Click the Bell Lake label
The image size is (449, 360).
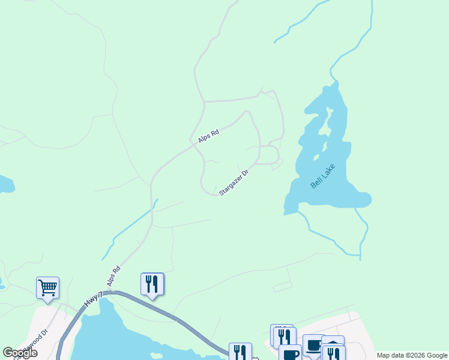[322, 177]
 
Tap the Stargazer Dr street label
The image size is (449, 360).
[234, 182]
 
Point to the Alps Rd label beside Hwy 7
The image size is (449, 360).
[114, 275]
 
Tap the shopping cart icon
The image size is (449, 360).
[47, 287]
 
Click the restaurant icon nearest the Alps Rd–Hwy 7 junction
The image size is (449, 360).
[152, 283]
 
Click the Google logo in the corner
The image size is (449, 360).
[20, 353]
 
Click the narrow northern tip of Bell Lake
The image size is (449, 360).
[336, 85]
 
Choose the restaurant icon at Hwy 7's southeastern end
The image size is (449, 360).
[240, 353]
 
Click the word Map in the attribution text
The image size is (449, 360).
[384, 355]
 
